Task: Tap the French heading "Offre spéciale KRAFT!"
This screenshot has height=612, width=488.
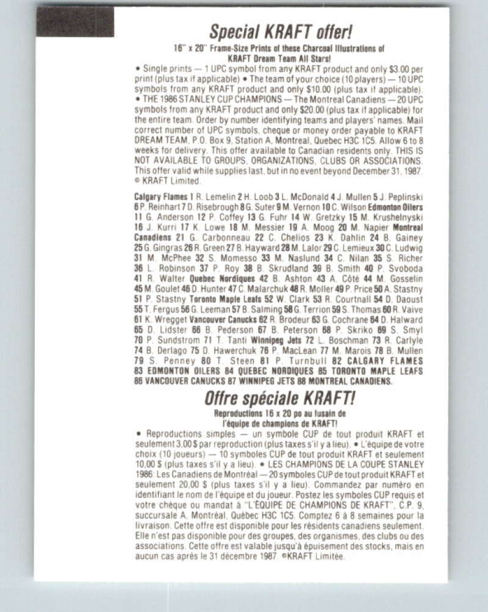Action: pos(280,399)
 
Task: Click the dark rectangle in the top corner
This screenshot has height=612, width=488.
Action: pos(75,22)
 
